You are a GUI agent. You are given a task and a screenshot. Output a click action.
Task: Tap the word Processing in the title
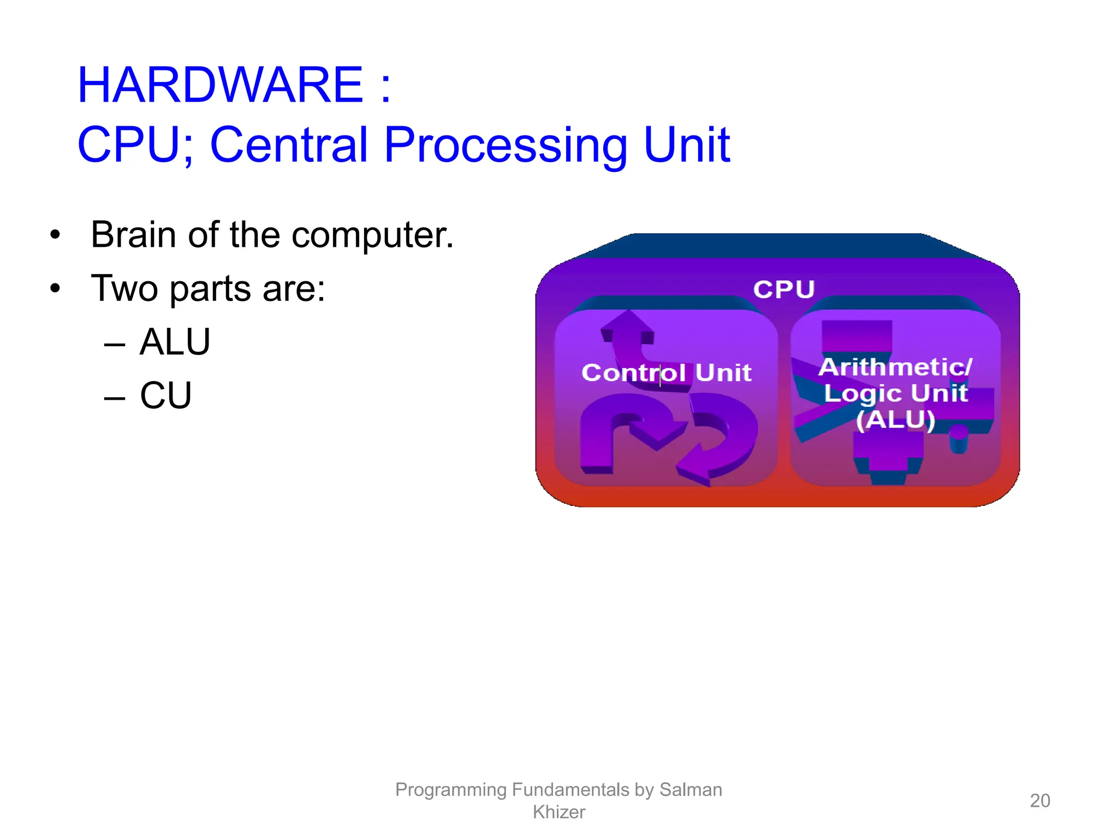[506, 145]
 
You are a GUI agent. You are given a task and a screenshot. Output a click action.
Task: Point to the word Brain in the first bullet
[133, 235]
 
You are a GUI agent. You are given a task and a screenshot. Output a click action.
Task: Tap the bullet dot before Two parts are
[55, 288]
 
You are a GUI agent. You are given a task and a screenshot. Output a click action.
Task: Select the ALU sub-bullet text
[175, 342]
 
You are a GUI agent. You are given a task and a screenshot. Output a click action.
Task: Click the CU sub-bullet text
[166, 395]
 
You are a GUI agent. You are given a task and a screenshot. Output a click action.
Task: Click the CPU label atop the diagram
[784, 289]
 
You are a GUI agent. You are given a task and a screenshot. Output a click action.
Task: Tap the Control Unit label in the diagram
[666, 373]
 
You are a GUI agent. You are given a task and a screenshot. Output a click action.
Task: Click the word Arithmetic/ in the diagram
[895, 367]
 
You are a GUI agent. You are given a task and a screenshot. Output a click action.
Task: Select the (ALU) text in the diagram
[895, 420]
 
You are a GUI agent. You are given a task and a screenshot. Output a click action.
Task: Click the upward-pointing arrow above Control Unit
[628, 328]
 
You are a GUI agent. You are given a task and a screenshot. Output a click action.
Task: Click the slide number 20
[1039, 801]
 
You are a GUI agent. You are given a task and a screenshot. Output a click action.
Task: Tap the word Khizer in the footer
[558, 812]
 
